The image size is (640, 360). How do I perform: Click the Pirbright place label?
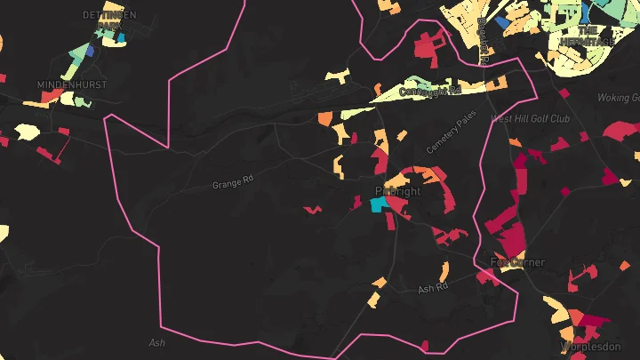tap(396, 191)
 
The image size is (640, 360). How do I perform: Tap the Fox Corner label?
tap(517, 262)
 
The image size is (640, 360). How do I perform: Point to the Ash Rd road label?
tap(433, 289)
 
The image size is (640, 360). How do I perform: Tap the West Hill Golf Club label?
tap(530, 117)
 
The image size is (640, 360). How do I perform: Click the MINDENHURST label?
tap(71, 84)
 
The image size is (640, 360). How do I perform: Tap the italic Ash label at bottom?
tap(157, 342)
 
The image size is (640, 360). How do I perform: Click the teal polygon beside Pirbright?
tap(378, 204)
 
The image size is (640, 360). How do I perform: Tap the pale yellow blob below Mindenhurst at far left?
tap(26, 132)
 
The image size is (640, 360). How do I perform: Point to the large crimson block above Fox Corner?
tap(510, 239)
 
